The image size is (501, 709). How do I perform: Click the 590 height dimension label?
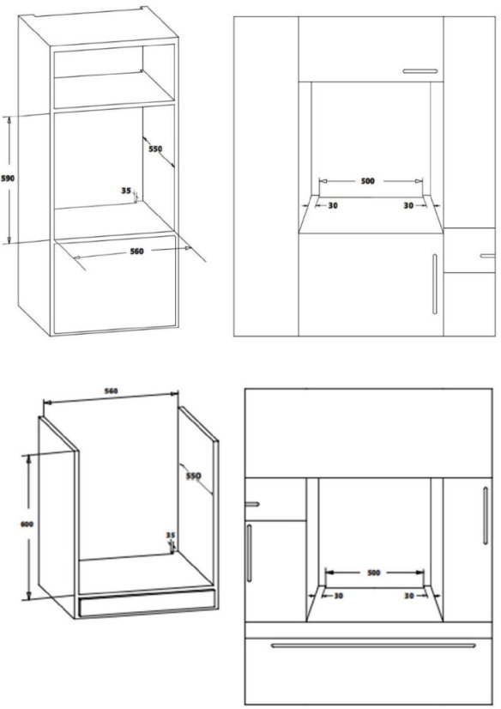pos(8,179)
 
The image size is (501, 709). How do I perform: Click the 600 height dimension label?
pos(27,524)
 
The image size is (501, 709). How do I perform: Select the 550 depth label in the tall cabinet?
pos(155,148)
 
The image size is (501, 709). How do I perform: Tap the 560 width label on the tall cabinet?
pos(137,251)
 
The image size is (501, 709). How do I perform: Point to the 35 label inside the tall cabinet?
pos(126,191)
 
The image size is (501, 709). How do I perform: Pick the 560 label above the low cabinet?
pos(112,391)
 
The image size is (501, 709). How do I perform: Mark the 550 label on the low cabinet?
pos(193,476)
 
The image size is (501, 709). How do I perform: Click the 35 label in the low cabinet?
pos(170,536)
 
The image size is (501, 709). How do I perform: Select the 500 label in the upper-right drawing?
pos(368,181)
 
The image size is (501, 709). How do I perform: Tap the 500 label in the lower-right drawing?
pos(373,573)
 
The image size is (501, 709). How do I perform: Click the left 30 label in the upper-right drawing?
pos(333,206)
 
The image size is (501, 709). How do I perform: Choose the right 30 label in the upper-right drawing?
pos(408,206)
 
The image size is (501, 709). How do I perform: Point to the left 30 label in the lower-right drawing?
pos(338,596)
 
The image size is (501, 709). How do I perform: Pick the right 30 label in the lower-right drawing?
pos(409,596)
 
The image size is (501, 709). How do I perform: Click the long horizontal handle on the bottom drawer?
pos(373,645)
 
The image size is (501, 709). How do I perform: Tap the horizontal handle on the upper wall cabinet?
pos(420,71)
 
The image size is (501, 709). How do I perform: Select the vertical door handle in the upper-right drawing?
pos(435,283)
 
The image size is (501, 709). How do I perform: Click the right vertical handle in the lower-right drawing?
pos(486,515)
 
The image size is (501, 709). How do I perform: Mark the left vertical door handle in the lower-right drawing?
pos(250,553)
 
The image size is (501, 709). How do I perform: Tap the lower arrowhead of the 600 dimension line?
pos(28,597)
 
